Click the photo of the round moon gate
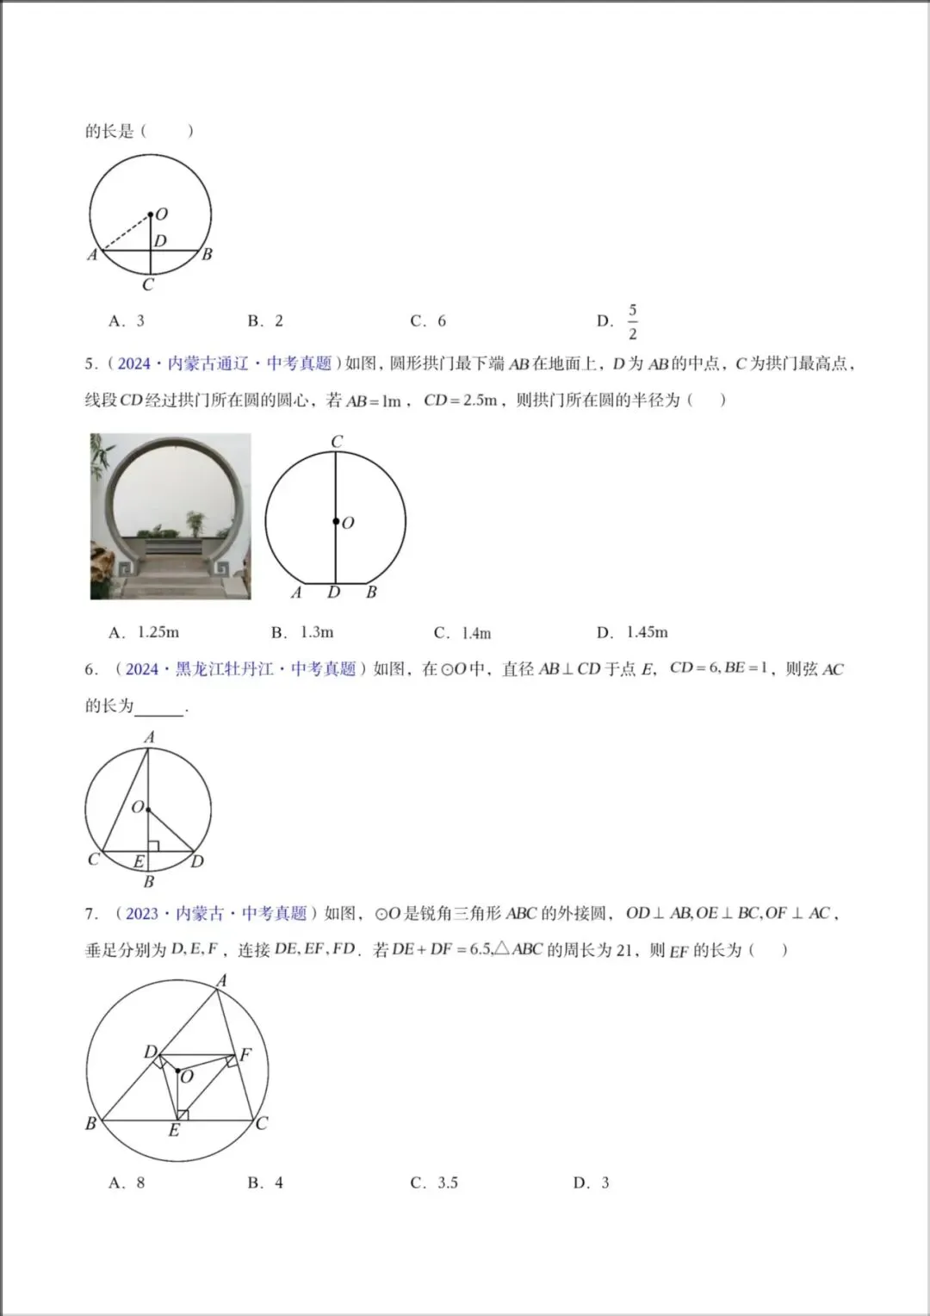click(170, 516)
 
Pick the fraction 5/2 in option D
click(633, 321)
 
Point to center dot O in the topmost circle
click(150, 214)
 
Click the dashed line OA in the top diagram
click(126, 233)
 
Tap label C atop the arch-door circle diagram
click(337, 442)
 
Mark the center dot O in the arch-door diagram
click(335, 521)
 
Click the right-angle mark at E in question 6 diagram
click(153, 847)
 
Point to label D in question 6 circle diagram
click(198, 861)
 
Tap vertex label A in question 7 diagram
click(221, 981)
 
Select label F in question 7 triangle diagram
click(246, 1054)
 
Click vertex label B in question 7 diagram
click(90, 1123)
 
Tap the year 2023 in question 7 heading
click(142, 914)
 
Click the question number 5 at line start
click(90, 364)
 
